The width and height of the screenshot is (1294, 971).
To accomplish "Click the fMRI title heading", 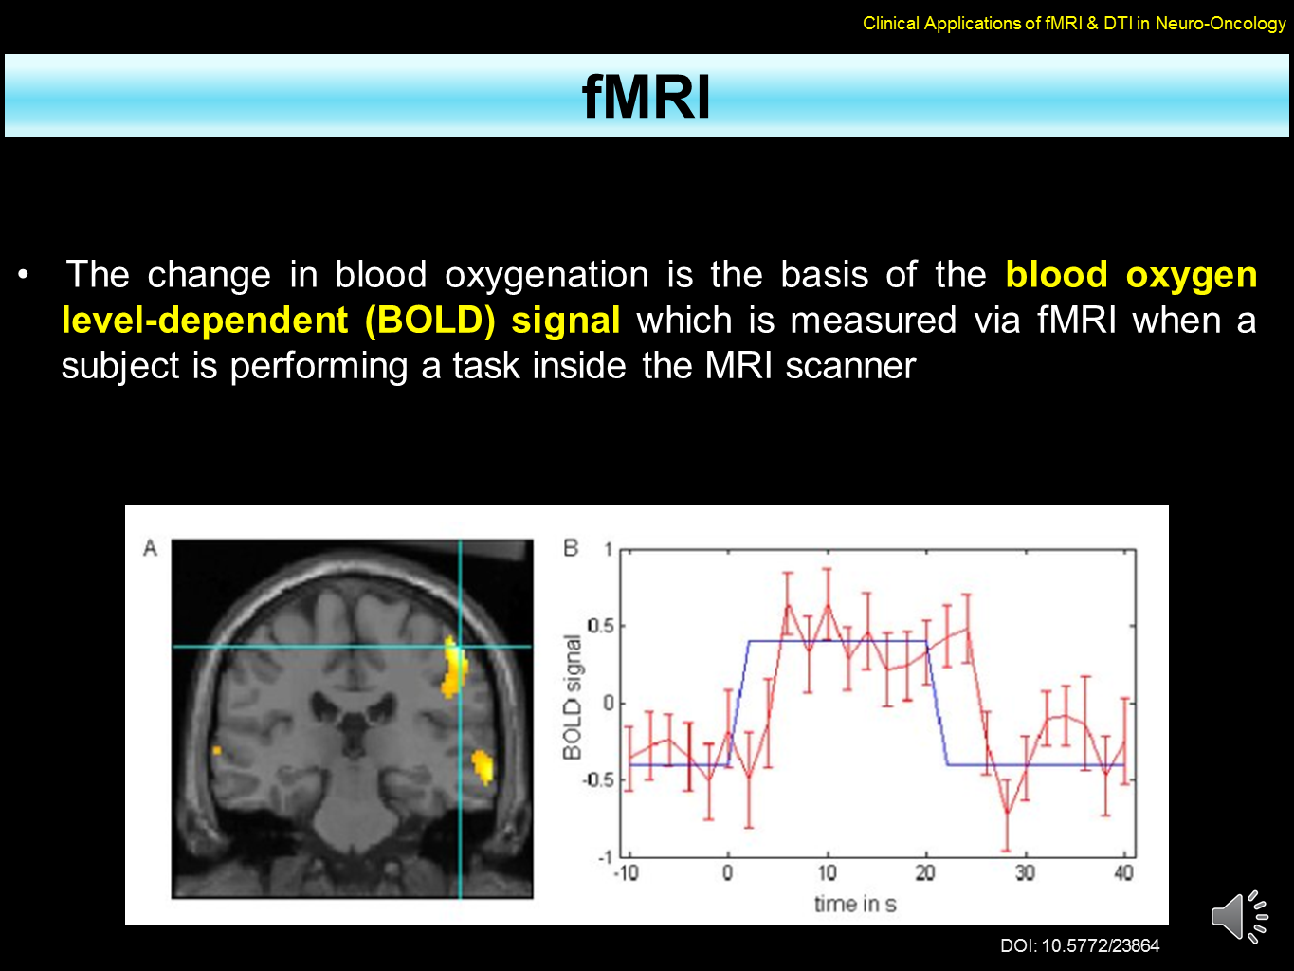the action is point(647,97).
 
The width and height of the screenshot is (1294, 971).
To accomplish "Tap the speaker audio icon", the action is point(1239,916).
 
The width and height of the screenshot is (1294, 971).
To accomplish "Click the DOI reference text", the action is point(1080,945).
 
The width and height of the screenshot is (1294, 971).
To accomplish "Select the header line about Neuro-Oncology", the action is point(1074,24).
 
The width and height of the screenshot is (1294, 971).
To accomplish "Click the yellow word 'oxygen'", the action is point(1191,276).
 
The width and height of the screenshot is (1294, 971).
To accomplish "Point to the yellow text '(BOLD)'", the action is point(429,321).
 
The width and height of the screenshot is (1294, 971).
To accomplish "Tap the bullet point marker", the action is point(24,276).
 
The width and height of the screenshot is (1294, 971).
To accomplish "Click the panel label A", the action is point(150,548).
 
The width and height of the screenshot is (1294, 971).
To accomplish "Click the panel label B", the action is point(571,548).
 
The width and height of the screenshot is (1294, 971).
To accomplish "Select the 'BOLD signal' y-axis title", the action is point(572,697).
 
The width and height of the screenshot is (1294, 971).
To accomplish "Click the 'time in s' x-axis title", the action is point(854,904).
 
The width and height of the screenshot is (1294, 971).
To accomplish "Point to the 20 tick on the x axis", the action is point(925,872).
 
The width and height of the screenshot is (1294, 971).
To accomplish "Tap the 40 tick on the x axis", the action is point(1123,872).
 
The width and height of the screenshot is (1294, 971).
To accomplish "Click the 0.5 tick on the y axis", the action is point(600,626).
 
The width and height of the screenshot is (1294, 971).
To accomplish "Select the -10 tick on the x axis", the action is point(626,872).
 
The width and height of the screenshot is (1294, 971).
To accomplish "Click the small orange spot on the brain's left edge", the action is point(217,750).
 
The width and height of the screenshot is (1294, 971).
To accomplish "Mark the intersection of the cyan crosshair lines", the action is point(460,647).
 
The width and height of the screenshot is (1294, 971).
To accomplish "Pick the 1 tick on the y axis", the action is point(609,549).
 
